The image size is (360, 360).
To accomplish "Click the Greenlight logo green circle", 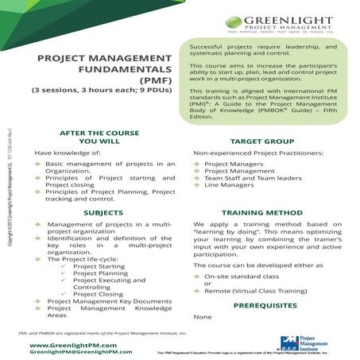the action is tap(236, 23).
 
